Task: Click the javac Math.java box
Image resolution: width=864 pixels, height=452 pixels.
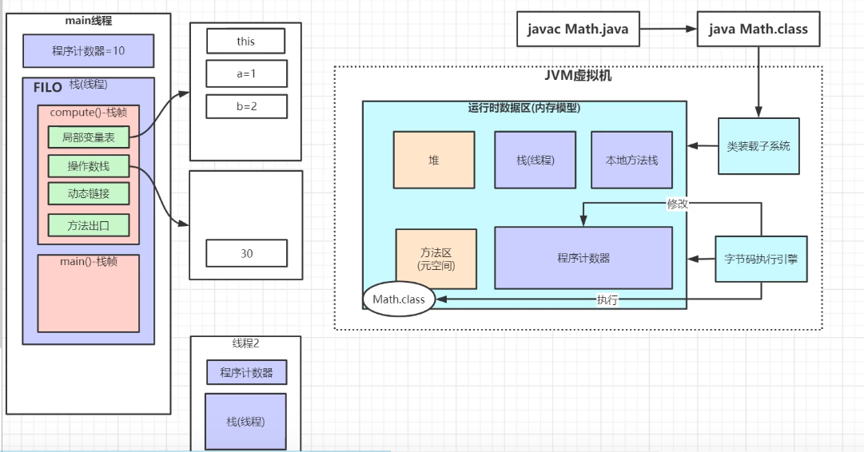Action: tap(578, 30)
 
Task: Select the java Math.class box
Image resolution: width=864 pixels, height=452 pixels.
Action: tap(758, 30)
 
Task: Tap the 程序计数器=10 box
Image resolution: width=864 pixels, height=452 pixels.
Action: tap(89, 50)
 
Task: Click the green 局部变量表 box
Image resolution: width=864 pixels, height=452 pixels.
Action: tap(88, 137)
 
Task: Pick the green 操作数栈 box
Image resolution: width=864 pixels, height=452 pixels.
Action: tap(88, 166)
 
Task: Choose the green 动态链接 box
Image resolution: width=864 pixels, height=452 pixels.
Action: tap(88, 194)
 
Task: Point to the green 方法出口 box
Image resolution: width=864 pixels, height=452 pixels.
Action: tap(88, 225)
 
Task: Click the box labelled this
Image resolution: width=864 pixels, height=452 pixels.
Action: tap(246, 41)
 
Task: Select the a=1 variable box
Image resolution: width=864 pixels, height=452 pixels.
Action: tap(246, 73)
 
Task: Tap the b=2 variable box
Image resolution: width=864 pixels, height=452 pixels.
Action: tap(246, 106)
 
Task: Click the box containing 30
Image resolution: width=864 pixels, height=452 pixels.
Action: tap(246, 253)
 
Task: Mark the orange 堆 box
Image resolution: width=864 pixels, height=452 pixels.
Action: tap(434, 160)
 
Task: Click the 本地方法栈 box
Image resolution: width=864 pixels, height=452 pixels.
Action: tap(631, 160)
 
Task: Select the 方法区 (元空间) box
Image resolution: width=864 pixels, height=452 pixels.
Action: tap(436, 259)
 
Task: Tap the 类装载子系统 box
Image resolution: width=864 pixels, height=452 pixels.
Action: tap(758, 146)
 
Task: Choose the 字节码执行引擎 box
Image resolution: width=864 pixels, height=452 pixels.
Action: tap(760, 259)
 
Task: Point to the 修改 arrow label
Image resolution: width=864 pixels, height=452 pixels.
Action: tap(677, 204)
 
